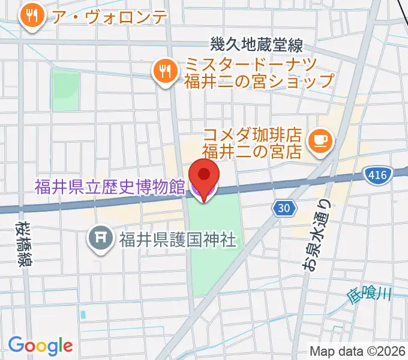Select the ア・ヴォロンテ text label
click(x=109, y=17)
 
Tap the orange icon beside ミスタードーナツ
click(x=163, y=71)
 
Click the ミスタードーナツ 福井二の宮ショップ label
click(x=259, y=71)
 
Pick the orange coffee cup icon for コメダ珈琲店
click(x=317, y=140)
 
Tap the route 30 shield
click(x=284, y=208)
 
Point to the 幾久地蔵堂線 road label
click(x=256, y=44)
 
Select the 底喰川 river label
click(x=369, y=295)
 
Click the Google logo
click(x=40, y=346)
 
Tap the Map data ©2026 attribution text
click(x=358, y=352)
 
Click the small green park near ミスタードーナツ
click(x=65, y=90)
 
